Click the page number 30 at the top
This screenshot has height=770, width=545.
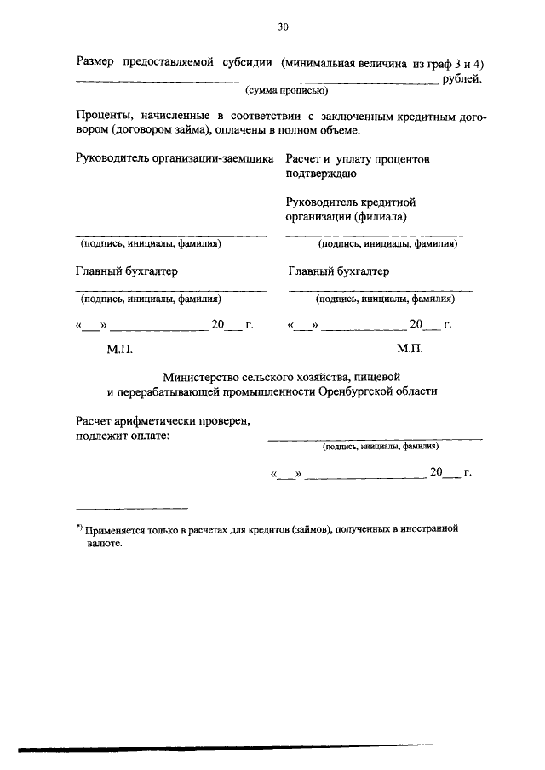pos(283,27)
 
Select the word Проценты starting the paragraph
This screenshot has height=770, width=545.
pos(101,115)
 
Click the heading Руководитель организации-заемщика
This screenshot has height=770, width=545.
pos(175,158)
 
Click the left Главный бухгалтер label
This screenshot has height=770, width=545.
pos(127,271)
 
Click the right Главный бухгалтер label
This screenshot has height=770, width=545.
pos(339,271)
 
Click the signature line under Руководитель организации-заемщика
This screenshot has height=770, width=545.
pos(171,235)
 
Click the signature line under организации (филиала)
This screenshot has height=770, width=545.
pos(374,235)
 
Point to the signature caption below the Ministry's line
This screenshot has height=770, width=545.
pos(380,446)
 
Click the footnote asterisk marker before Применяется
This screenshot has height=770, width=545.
pos(78,528)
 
